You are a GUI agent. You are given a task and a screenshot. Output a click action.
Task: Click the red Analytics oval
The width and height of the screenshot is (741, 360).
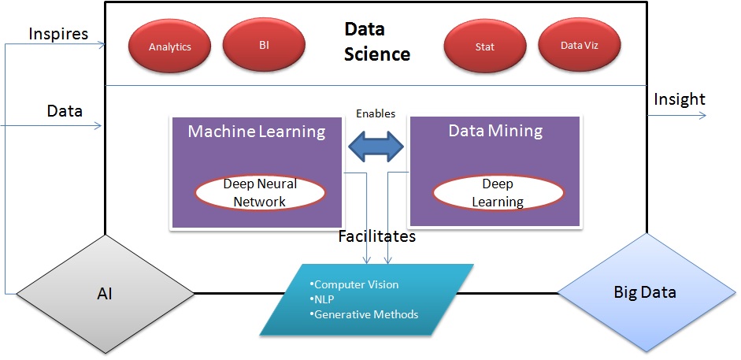pyautogui.click(x=170, y=46)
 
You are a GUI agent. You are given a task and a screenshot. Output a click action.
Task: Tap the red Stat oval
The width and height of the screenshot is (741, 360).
pyautogui.click(x=485, y=46)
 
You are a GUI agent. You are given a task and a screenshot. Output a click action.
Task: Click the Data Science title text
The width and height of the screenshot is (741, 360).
pyautogui.click(x=376, y=42)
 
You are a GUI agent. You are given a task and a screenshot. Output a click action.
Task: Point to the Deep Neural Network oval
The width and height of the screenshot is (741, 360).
pyautogui.click(x=260, y=193)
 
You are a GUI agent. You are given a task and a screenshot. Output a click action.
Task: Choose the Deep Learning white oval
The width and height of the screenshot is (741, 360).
pyautogui.click(x=497, y=193)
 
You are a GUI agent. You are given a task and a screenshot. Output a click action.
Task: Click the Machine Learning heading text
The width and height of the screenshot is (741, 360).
pyautogui.click(x=256, y=132)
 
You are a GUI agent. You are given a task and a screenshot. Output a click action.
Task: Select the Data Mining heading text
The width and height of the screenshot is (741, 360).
pyautogui.click(x=495, y=131)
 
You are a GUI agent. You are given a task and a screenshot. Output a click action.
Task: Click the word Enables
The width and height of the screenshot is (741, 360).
pyautogui.click(x=376, y=113)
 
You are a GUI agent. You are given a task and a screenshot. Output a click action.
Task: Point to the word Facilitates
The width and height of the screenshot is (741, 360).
pyautogui.click(x=376, y=236)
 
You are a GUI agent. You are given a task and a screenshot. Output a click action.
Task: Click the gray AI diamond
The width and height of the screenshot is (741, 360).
pyautogui.click(x=103, y=293)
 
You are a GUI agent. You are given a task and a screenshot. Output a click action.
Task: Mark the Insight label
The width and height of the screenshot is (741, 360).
pyautogui.click(x=679, y=99)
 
